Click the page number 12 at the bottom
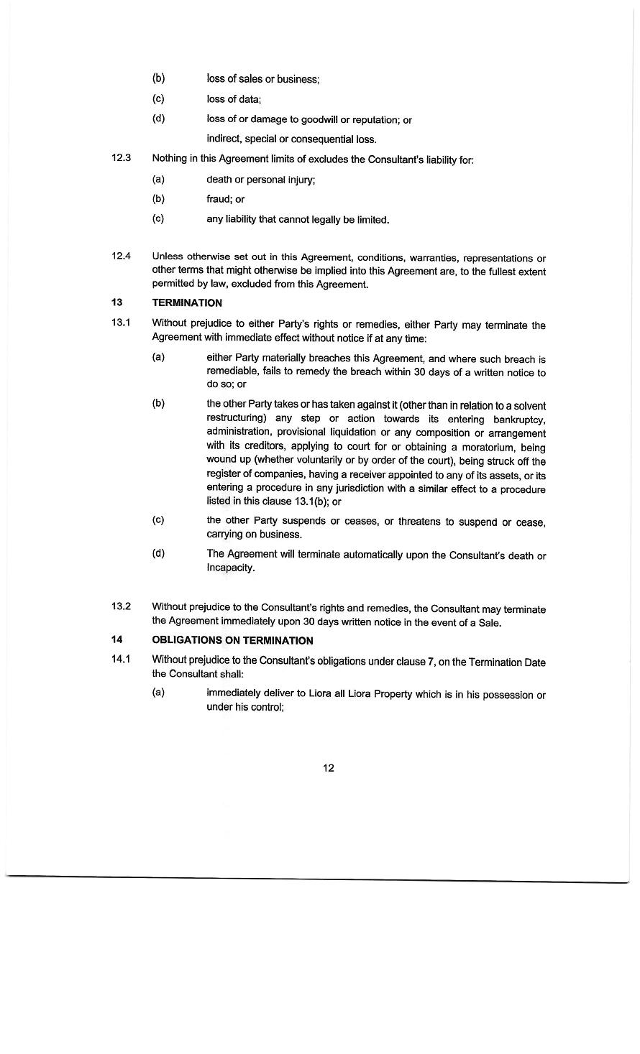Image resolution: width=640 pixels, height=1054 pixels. [x=328, y=768]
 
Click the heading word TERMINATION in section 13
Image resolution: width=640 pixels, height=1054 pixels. [x=187, y=303]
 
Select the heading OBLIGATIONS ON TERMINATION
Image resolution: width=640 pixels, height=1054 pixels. [x=232, y=640]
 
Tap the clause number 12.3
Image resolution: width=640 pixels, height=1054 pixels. [x=121, y=158]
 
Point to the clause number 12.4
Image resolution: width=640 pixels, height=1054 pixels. [x=121, y=256]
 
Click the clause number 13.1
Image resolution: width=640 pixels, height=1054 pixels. [x=121, y=323]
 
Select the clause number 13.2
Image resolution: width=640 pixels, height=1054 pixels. [x=121, y=606]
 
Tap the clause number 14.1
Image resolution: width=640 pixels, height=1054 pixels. [x=121, y=660]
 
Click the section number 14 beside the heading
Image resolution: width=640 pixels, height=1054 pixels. [x=116, y=639]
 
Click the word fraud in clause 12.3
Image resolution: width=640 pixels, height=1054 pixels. [x=219, y=199]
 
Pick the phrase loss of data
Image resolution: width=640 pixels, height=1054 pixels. [x=233, y=99]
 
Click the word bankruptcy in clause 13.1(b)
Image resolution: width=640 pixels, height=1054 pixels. [x=519, y=419]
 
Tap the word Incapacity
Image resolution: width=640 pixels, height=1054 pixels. [x=230, y=568]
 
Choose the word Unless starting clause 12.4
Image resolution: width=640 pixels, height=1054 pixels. [x=168, y=257]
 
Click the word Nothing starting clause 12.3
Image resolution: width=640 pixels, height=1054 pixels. [x=170, y=159]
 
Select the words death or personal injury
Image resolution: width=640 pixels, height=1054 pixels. [x=260, y=179]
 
